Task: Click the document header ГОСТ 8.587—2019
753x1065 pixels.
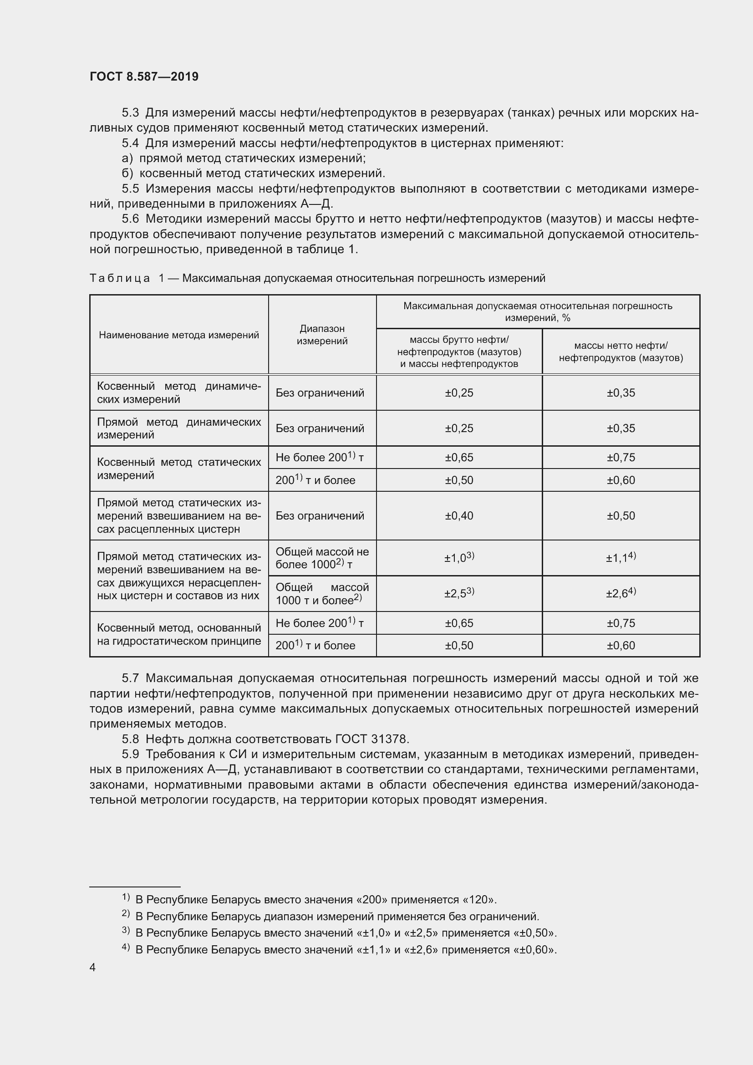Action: point(144,76)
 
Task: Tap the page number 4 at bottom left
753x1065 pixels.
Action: point(93,967)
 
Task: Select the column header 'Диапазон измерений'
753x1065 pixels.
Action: point(322,335)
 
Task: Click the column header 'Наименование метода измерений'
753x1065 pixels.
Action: point(179,335)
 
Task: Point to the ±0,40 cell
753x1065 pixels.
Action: point(458,516)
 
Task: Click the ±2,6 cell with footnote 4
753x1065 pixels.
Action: point(621,593)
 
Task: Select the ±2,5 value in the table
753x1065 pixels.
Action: point(458,593)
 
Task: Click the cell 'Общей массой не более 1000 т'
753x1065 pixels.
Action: point(322,558)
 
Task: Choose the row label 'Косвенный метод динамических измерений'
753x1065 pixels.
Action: point(179,392)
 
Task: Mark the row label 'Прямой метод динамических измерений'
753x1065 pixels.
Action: point(179,428)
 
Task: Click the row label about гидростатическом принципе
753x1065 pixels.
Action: point(179,634)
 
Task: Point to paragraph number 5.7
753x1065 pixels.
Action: point(130,678)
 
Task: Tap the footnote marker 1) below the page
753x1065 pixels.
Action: point(126,897)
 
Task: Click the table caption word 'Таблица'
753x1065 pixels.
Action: point(120,278)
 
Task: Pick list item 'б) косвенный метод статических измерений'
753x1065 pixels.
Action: point(253,173)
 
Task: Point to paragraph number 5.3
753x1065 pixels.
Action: point(130,113)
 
